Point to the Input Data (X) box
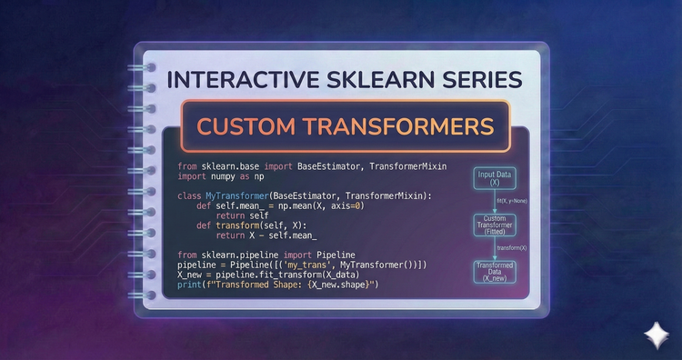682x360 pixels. (x=496, y=177)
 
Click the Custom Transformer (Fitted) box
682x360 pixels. (x=496, y=225)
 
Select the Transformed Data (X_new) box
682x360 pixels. (x=496, y=271)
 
